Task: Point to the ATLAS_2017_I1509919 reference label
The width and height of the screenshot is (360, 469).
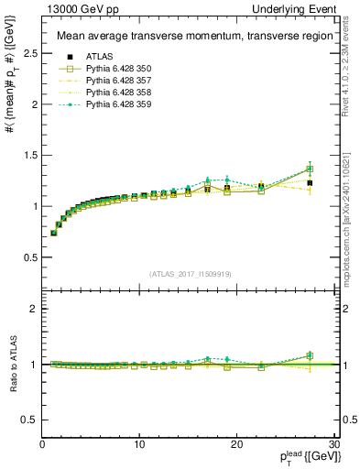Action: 188,273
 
